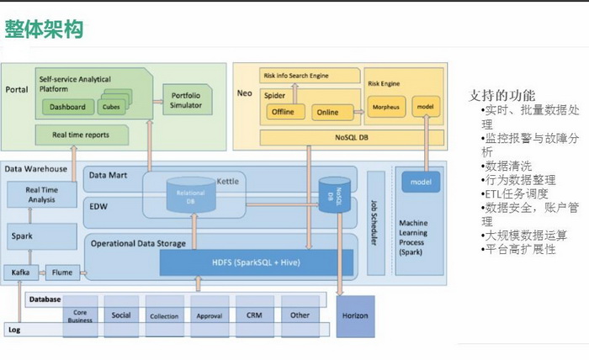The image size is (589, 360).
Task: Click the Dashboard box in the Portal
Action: [x=67, y=107]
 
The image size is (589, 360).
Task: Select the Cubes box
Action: [x=110, y=107]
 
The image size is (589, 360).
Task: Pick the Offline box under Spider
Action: [x=282, y=112]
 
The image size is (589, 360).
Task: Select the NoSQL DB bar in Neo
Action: [x=352, y=137]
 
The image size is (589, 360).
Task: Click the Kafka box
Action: [x=19, y=273]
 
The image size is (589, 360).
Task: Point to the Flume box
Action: [x=61, y=273]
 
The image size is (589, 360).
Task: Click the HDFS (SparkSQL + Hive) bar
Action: [x=257, y=263]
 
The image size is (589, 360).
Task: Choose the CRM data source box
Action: [x=255, y=315]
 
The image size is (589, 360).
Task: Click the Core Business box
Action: [x=80, y=315]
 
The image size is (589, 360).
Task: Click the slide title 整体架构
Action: [x=44, y=30]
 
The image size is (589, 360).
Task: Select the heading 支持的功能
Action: [x=501, y=95]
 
